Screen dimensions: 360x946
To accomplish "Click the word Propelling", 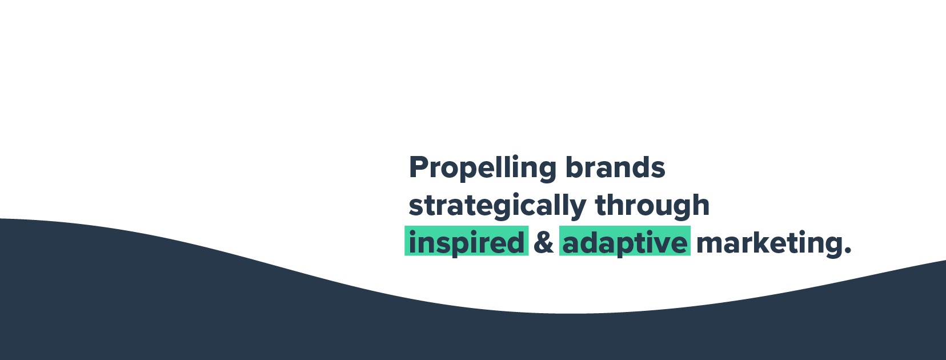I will [x=482, y=168].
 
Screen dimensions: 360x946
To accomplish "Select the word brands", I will [x=615, y=167].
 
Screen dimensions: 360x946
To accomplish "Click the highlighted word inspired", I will [x=466, y=242].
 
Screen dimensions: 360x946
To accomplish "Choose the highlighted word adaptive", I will [x=625, y=242].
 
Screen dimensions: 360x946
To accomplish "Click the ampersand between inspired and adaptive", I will [x=544, y=242].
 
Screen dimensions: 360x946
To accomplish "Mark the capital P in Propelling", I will [x=419, y=167].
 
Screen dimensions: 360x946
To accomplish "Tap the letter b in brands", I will [x=574, y=167].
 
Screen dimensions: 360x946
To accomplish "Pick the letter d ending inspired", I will [x=516, y=242].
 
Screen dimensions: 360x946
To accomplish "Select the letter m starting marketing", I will [x=709, y=244].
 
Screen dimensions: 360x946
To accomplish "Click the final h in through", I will [x=702, y=205].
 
